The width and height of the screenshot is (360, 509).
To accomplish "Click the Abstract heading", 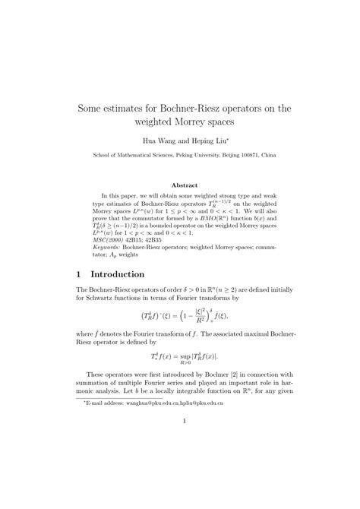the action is [185, 185].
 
